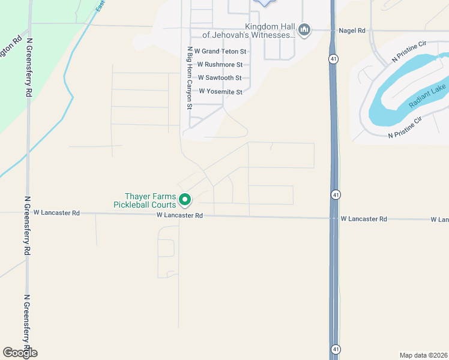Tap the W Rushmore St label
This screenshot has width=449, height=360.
tap(220, 65)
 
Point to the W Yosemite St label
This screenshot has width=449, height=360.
tap(220, 92)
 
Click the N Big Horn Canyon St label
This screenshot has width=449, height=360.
tap(189, 77)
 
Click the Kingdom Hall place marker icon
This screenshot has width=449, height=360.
tap(304, 30)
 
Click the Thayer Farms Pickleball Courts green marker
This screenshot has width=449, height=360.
tap(185, 200)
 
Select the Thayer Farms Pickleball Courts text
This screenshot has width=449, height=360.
tap(150, 200)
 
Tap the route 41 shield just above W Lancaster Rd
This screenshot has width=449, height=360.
tap(336, 194)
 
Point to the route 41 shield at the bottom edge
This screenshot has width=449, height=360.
tap(335, 349)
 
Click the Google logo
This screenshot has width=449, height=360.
tap(20, 353)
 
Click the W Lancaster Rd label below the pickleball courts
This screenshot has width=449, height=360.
tap(179, 215)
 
